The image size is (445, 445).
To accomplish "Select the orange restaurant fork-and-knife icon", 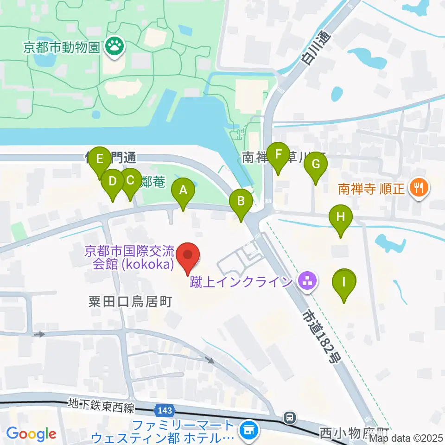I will click(x=420, y=188).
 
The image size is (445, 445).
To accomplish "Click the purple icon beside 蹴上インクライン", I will click(x=306, y=281).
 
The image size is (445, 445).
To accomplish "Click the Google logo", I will click(x=31, y=434).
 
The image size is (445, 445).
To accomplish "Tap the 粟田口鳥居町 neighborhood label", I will click(x=130, y=302).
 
